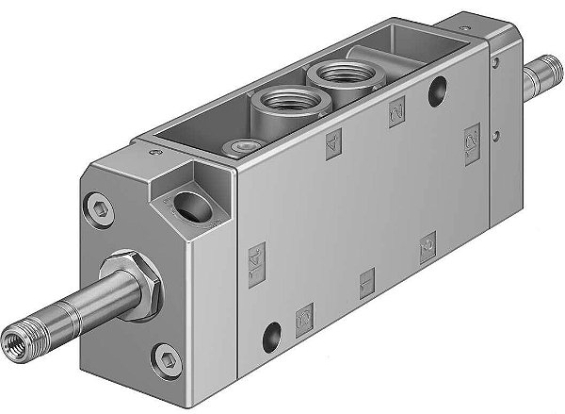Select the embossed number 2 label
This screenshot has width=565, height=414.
click(x=395, y=113)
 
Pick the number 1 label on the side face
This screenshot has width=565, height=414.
click(x=366, y=280)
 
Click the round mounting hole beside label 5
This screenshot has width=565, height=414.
click(x=273, y=332)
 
